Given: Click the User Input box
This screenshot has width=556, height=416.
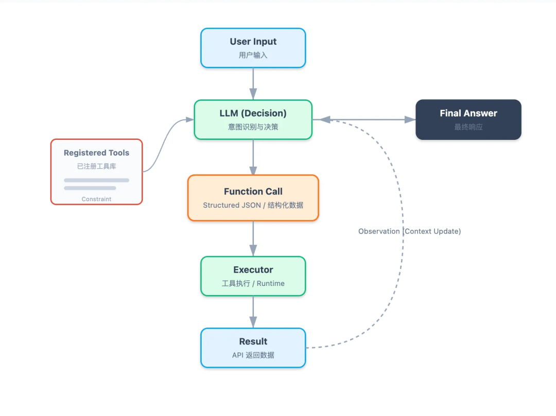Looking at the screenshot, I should click(x=253, y=48).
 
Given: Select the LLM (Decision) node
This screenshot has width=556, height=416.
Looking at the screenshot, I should click(x=253, y=119).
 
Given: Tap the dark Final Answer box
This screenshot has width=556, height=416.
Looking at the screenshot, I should click(x=468, y=119).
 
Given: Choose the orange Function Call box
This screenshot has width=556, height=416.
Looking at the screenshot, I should click(x=253, y=197).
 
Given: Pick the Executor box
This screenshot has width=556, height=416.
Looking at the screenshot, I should click(x=253, y=276).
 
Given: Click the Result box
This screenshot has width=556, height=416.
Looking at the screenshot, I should click(x=253, y=348).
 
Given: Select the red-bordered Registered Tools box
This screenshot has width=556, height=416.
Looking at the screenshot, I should click(x=96, y=172).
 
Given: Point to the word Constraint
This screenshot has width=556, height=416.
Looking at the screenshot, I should click(x=96, y=199).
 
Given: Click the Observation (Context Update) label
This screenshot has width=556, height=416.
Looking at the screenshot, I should click(x=409, y=231).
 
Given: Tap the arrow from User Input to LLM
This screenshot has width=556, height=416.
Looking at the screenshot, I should click(x=253, y=83).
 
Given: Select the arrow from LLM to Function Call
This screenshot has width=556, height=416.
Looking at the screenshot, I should click(x=253, y=157).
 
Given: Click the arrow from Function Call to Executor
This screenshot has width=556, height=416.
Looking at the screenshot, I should click(x=253, y=239).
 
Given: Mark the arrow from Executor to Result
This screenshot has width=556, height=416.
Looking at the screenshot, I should click(x=253, y=312).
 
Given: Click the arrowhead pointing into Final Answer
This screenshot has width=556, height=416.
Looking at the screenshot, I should click(x=410, y=119).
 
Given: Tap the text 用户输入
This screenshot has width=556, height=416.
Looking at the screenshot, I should click(x=253, y=55).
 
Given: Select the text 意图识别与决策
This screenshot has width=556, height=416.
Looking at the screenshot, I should click(x=253, y=126).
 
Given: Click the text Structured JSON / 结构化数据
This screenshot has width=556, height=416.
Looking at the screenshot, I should click(x=253, y=205).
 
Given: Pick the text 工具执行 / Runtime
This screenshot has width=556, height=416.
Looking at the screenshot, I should click(x=253, y=283).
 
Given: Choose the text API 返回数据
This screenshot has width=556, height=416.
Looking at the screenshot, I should click(x=253, y=355).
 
